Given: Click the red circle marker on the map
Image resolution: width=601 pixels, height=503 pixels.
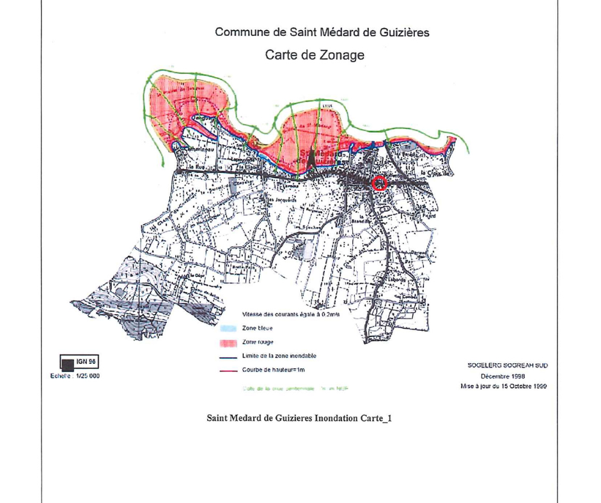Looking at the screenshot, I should pyautogui.click(x=380, y=184).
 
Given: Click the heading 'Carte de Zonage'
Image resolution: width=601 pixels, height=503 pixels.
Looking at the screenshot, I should pyautogui.click(x=315, y=55).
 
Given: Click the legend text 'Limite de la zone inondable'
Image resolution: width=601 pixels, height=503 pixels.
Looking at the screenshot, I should pyautogui.click(x=279, y=356).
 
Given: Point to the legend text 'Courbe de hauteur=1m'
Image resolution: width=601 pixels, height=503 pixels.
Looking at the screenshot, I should pyautogui.click(x=274, y=370).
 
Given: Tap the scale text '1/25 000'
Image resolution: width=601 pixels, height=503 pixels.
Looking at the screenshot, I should pyautogui.click(x=88, y=376).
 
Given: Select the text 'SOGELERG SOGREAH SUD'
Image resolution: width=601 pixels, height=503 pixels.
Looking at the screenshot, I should pyautogui.click(x=508, y=366).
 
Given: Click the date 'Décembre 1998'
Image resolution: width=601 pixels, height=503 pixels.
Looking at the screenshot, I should pyautogui.click(x=507, y=376).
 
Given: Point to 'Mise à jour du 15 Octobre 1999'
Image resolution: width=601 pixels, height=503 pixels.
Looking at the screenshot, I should pyautogui.click(x=503, y=387).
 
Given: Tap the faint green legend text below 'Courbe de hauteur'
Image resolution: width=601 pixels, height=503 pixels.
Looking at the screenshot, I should pyautogui.click(x=295, y=387).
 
